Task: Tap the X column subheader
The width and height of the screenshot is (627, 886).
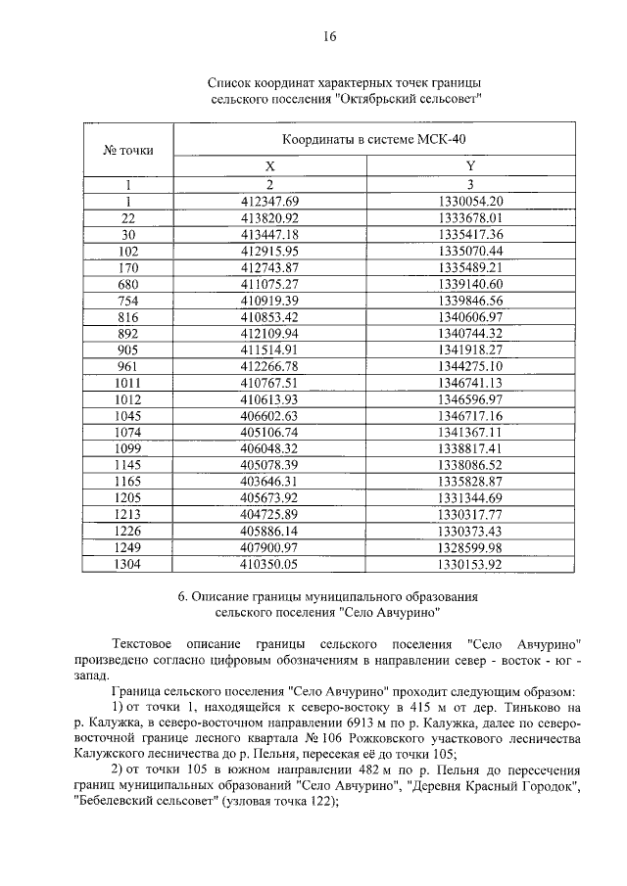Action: (270, 166)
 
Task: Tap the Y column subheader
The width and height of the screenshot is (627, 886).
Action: (470, 166)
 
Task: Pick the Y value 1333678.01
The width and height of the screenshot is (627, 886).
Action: (470, 217)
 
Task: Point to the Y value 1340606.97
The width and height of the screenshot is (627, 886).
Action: (470, 316)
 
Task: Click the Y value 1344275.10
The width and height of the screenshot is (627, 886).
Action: (470, 366)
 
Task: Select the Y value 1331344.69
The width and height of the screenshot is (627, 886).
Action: (470, 499)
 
